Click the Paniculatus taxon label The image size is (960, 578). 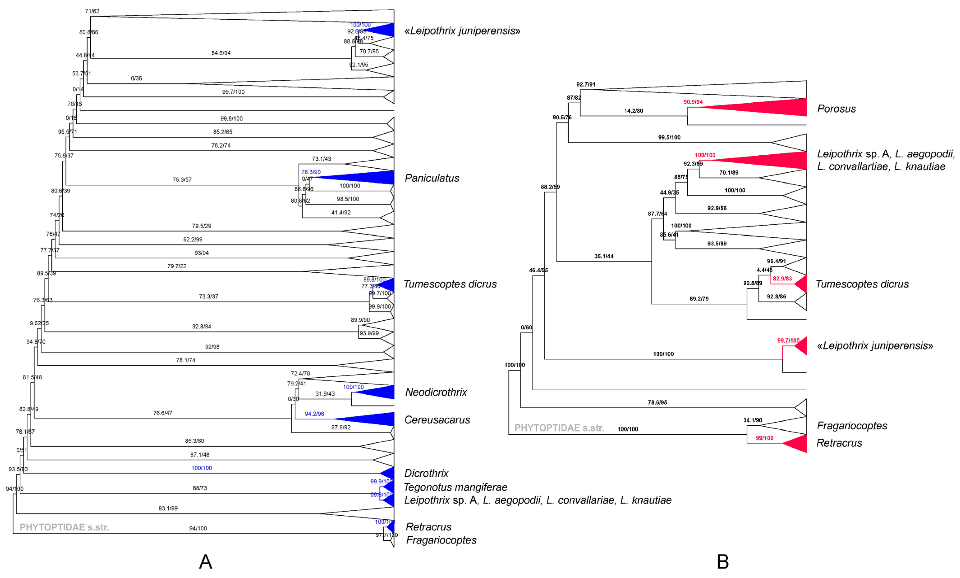click(432, 178)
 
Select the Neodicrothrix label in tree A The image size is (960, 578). click(435, 392)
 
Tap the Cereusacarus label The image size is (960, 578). click(437, 420)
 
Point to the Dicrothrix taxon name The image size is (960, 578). click(426, 473)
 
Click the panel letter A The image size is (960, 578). click(205, 562)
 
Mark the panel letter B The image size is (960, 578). click(723, 562)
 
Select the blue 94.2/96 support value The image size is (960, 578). click(314, 414)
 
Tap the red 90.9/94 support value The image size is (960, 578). click(693, 102)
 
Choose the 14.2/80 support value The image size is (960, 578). click(634, 111)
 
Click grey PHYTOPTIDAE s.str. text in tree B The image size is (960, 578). click(559, 428)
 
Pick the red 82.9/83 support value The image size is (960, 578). click(782, 279)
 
